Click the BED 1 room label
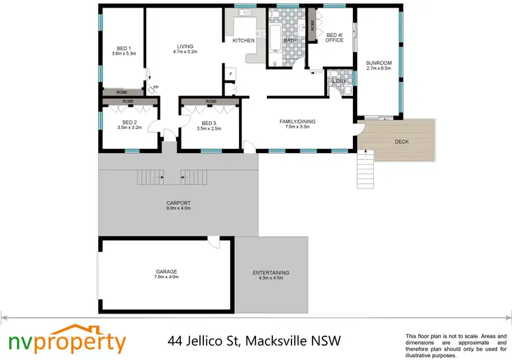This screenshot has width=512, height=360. coord(123,48)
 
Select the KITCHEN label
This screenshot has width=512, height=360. coord(244,40)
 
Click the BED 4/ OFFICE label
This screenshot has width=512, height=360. coord(335,38)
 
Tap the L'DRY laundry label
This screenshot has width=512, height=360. coord(339,81)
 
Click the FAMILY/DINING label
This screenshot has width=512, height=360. coord(297,122)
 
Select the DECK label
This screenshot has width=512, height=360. coord(401,142)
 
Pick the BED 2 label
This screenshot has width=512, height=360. coord(129,123)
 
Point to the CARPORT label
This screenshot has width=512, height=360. coord(177,203)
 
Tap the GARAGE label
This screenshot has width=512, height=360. coord(166,271)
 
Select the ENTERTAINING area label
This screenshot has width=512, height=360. coord(271,273)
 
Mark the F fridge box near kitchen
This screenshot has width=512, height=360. coord(231,73)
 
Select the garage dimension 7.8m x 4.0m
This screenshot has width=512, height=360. coord(166,277)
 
